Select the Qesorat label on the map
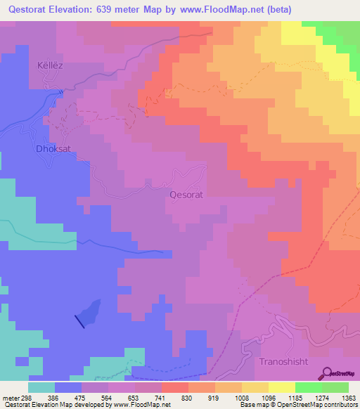pyautogui.click(x=186, y=195)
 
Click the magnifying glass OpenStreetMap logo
pyautogui.click(x=328, y=373)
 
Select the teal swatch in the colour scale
pyautogui.click(x=41, y=387)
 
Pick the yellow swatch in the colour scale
pyautogui.click(x=281, y=387)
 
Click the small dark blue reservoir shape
pyautogui.click(x=89, y=310)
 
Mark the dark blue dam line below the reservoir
pyautogui.click(x=79, y=321)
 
